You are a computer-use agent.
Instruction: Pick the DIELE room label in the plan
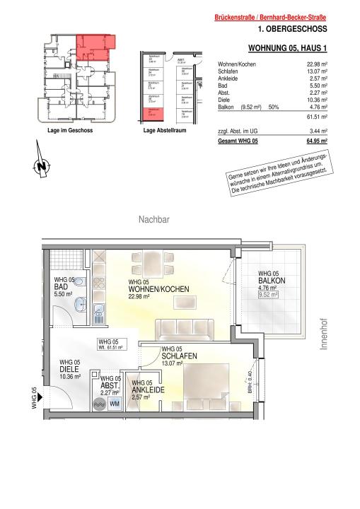pos(69,370)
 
